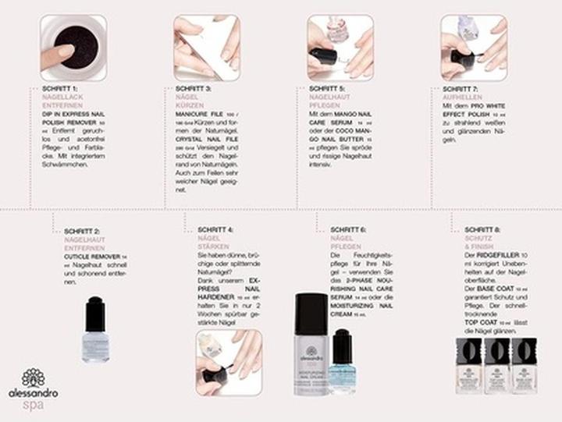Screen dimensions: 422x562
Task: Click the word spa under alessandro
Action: pos(33,405)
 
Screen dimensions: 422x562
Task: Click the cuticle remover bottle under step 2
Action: pos(95,329)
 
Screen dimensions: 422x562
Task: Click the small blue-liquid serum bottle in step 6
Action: pos(343,360)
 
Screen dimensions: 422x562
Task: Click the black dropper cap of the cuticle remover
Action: pos(95,310)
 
